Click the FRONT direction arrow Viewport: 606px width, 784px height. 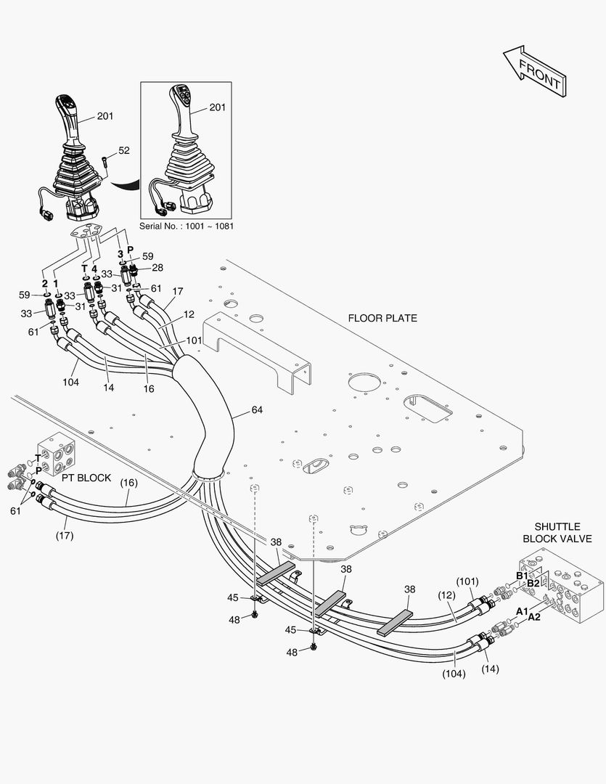pos(533,71)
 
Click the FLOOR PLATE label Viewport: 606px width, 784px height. pos(382,318)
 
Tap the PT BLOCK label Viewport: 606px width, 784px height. pos(86,478)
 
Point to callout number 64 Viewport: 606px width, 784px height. pos(257,410)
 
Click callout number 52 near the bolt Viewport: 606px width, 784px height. pos(124,150)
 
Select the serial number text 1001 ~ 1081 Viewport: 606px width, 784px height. pos(187,226)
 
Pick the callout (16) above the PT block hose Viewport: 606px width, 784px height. pos(128,482)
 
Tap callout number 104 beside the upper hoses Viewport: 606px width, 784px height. pos(70,381)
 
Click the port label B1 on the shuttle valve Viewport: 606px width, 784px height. pos(522,576)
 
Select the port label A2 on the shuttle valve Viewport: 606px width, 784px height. pos(534,617)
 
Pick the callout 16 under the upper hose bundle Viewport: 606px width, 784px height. pos(148,389)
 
